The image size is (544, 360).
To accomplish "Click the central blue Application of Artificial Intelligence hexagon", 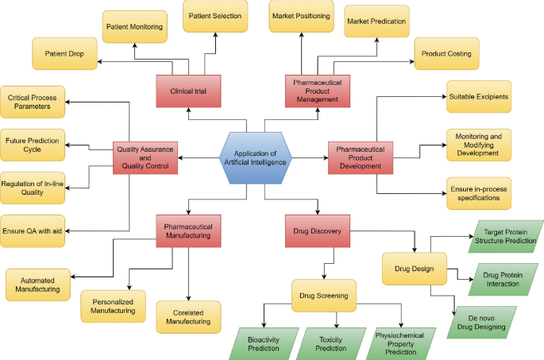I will (x=255, y=157).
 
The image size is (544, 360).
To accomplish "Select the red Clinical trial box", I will (x=187, y=91).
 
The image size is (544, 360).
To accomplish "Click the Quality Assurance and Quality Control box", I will (x=145, y=156).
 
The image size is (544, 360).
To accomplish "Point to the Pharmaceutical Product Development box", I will (x=361, y=156).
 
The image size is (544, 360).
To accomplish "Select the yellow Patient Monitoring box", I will (x=135, y=27).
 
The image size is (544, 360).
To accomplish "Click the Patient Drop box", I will (x=64, y=53).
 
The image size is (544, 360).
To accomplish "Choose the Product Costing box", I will (x=446, y=53).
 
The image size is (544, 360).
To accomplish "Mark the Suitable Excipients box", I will (x=479, y=96).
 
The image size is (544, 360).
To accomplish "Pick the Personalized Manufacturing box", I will (x=113, y=305).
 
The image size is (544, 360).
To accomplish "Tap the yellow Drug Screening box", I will (x=324, y=294).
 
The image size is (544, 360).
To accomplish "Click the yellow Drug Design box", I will (x=414, y=269).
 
